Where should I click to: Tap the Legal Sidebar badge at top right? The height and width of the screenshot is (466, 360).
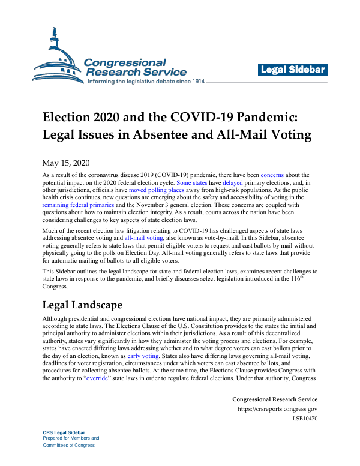click(293, 70)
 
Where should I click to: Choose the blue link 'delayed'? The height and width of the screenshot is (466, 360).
click(233, 182)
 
